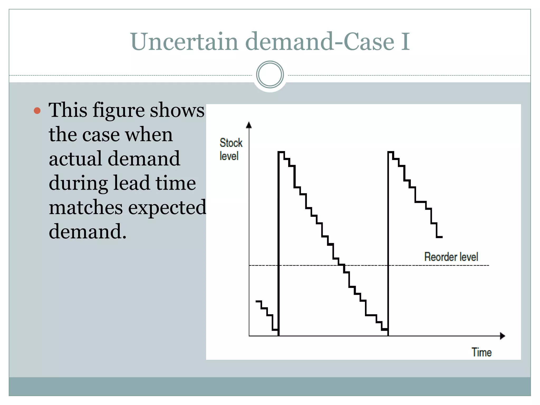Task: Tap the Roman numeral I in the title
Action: [x=406, y=42]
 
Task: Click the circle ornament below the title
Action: [x=270, y=75]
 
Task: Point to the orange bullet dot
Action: [x=37, y=110]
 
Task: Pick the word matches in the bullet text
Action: [x=86, y=208]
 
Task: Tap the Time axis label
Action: [x=481, y=353]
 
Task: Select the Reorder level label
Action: [x=451, y=257]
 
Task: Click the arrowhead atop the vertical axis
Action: [x=249, y=125]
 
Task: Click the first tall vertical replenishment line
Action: [x=278, y=243]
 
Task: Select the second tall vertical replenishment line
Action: [x=388, y=243]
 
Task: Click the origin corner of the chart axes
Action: [x=249, y=336]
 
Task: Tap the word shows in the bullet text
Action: [x=177, y=110]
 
